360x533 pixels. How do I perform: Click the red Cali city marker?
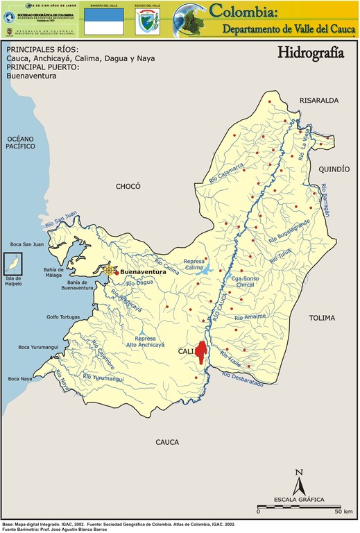pyautogui.click(x=202, y=353)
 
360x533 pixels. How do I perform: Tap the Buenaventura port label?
pyautogui.click(x=143, y=273)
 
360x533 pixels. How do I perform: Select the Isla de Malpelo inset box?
pyautogui.click(x=12, y=264)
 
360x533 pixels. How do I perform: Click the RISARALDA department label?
pyautogui.click(x=318, y=101)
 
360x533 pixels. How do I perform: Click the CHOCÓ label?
pyautogui.click(x=128, y=186)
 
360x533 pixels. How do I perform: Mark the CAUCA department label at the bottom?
pyautogui.click(x=167, y=442)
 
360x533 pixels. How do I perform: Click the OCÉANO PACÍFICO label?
pyautogui.click(x=21, y=143)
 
